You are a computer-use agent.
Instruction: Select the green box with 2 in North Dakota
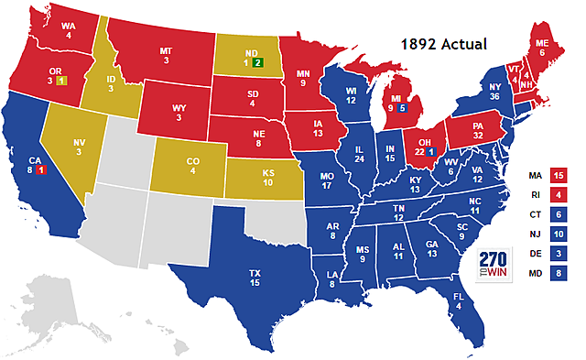259,63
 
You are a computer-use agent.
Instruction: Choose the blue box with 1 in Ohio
430,151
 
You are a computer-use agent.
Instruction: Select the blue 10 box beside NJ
559,234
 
